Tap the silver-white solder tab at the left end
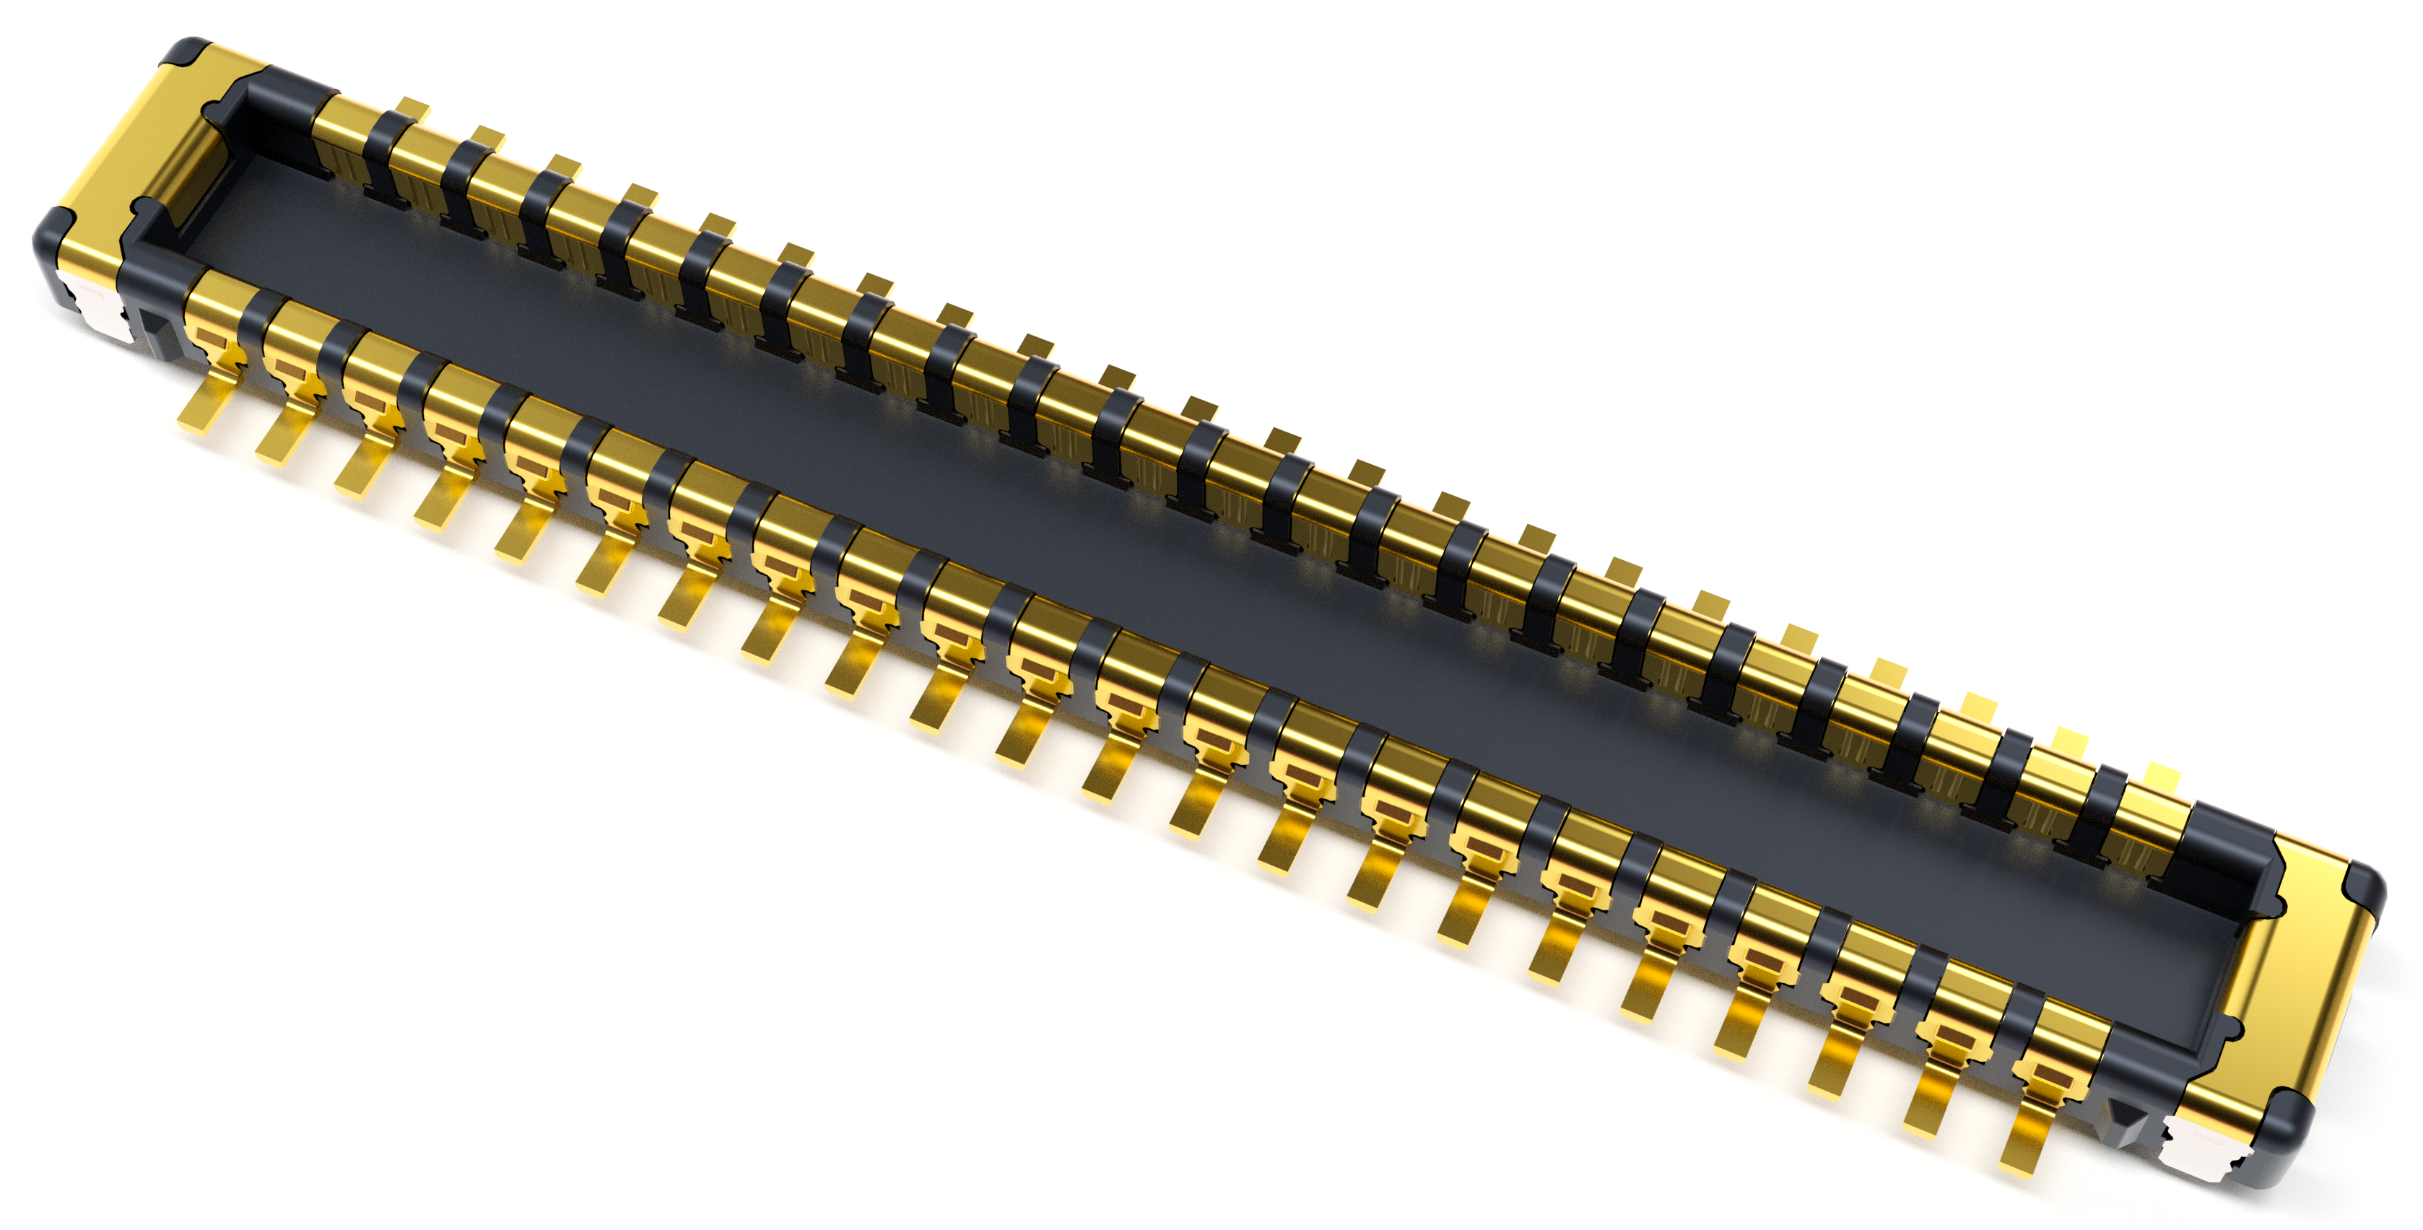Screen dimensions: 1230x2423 click(x=94, y=305)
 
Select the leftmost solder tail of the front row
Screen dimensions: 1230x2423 click(x=202, y=404)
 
